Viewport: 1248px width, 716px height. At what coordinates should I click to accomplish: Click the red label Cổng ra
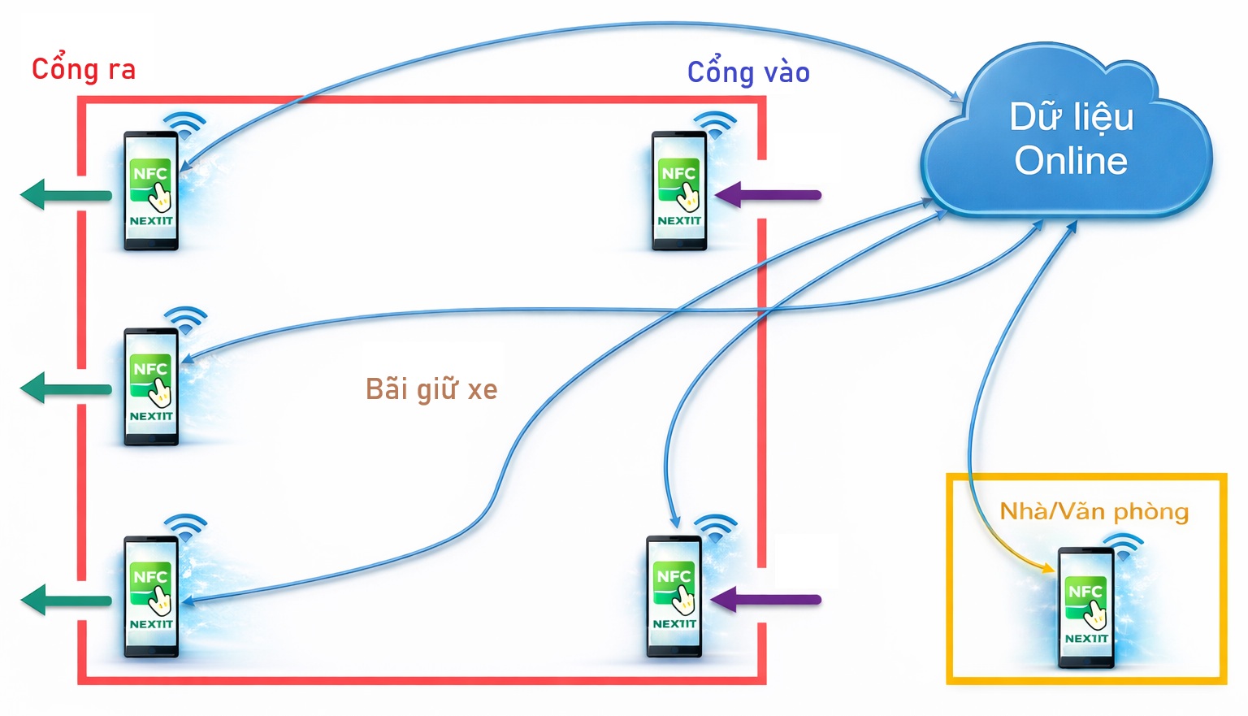[83, 69]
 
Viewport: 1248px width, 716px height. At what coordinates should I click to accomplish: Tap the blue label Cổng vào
[748, 72]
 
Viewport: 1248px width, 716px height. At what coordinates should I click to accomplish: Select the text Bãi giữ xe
[431, 389]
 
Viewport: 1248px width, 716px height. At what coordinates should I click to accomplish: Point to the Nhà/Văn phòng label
[1094, 511]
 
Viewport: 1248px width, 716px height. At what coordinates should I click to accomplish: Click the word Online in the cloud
[1071, 160]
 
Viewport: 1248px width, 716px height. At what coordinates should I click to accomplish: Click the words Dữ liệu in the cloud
[1071, 117]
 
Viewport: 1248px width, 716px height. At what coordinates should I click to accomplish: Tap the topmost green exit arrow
[65, 195]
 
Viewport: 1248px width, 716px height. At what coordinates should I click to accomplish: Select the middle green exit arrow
[65, 388]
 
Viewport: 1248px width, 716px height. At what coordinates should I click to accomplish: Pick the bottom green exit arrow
[65, 601]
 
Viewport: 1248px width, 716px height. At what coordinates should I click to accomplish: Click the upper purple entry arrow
[768, 195]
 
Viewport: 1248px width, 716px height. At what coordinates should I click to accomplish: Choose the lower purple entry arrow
[765, 600]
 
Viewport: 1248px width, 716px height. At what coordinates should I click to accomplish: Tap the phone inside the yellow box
[1086, 607]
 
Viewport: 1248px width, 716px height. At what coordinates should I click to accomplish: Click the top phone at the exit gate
[151, 191]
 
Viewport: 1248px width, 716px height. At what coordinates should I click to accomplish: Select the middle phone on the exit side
[151, 387]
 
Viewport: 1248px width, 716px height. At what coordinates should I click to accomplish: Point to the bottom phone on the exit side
[151, 596]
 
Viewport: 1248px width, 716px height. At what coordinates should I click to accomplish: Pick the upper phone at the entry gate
[679, 191]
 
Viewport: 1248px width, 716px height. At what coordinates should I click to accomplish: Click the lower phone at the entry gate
[674, 596]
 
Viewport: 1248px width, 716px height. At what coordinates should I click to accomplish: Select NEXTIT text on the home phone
[1086, 639]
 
